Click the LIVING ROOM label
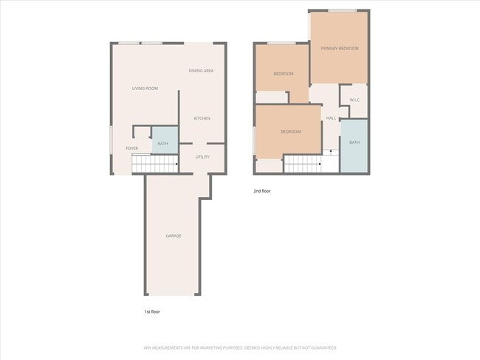click(145, 89)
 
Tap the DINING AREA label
click(201, 71)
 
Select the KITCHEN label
click(202, 118)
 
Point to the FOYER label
click(131, 148)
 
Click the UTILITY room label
click(202, 156)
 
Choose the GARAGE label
click(173, 235)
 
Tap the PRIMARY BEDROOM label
click(340, 49)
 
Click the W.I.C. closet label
click(354, 100)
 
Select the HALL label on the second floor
click(331, 118)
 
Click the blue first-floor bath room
click(162, 142)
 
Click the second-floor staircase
click(303, 164)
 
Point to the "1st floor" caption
click(151, 312)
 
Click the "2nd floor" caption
click(262, 191)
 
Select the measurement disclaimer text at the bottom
click(239, 347)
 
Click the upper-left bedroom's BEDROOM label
click(284, 74)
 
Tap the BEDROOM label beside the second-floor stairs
click(290, 131)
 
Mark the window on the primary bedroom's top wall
click(343, 10)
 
